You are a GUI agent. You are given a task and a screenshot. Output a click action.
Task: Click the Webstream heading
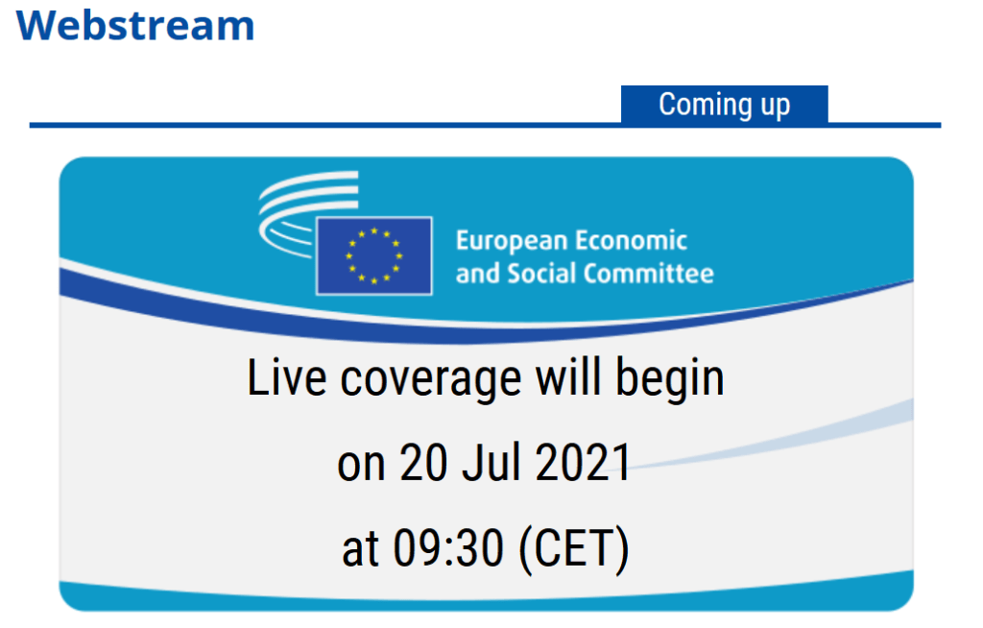pos(135,26)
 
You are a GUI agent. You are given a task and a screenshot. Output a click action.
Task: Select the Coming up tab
pos(724,105)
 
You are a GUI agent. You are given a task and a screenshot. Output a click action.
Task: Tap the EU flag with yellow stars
pos(374,256)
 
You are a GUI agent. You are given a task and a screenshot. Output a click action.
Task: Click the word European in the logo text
pos(512,242)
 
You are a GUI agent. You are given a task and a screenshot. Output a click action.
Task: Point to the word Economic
pos(632,240)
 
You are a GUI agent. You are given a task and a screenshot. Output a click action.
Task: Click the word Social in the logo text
pos(541,274)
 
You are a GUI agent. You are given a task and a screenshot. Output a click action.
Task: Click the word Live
pos(286,377)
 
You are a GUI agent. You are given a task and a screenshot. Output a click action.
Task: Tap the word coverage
pos(431,380)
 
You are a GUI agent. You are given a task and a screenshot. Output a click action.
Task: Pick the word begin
pos(669,380)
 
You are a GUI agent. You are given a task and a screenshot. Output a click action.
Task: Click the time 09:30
pos(448,547)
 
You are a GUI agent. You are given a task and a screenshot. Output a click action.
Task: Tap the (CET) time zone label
pos(574,549)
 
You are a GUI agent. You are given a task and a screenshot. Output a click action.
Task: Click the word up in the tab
pos(775,106)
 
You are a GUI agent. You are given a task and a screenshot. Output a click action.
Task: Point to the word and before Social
pos(478,274)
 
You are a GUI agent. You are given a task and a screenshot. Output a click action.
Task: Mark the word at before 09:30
pos(361,549)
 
